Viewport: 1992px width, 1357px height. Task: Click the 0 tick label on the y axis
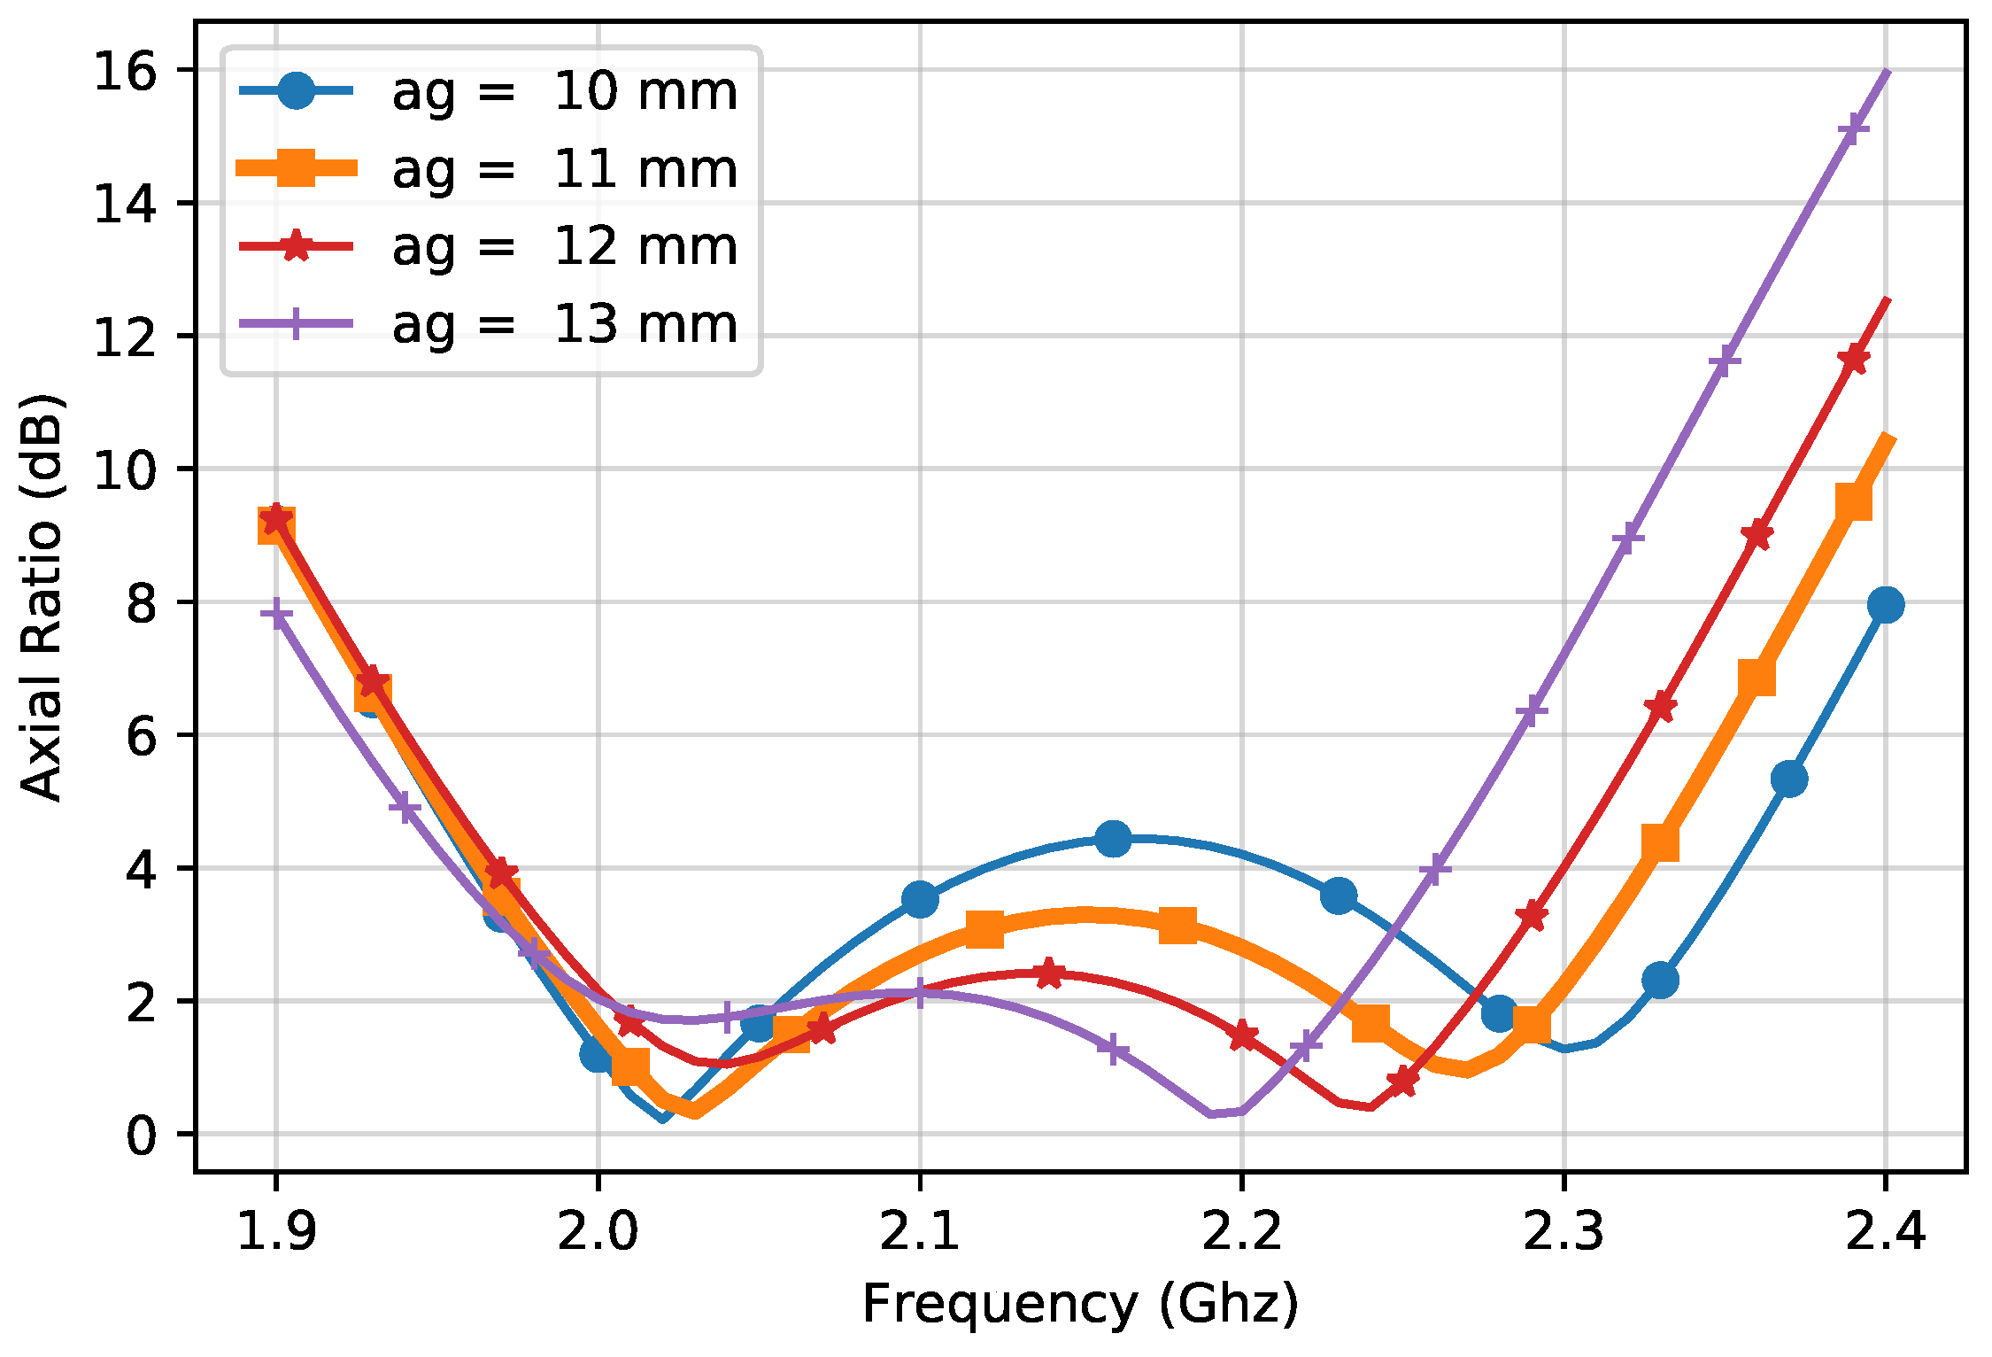pos(141,1135)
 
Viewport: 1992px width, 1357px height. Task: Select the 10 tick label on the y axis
pos(125,469)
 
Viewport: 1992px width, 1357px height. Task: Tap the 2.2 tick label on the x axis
pos(1242,1231)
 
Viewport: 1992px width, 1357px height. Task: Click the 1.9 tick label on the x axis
pos(276,1231)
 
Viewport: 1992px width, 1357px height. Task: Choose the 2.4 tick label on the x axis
pos(1886,1231)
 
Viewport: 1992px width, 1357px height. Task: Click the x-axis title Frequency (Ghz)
pos(1080,1305)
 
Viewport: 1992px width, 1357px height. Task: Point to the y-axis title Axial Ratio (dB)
pos(42,598)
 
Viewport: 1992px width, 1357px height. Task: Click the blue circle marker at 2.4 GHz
pos(1886,605)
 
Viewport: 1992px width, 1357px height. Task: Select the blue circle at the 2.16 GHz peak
pos(1113,838)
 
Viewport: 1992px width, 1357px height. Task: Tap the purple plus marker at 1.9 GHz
pos(276,613)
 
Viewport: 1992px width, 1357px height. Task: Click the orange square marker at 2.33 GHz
pos(1660,842)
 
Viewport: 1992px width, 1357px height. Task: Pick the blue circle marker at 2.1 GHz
pos(920,899)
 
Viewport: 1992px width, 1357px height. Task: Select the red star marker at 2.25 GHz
pos(1402,1082)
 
